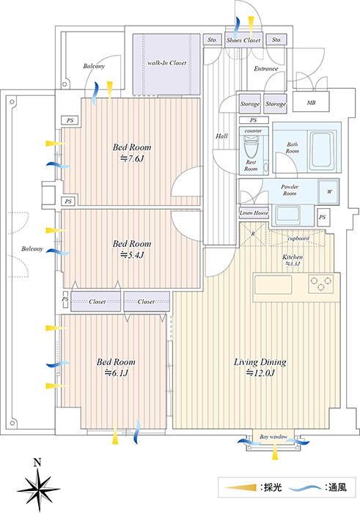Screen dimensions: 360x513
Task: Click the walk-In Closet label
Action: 166,63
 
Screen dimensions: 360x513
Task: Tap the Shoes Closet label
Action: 243,40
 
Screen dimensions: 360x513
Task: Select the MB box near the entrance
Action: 311,102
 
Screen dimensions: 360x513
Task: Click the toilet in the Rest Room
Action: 251,147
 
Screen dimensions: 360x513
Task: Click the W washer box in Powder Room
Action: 329,191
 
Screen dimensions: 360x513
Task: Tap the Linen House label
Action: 254,213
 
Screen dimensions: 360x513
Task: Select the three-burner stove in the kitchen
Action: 321,284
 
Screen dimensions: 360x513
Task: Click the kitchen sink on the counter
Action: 273,284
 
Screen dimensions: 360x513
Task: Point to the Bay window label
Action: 273,437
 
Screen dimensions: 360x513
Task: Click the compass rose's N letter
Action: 37,462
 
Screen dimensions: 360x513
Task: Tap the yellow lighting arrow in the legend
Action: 240,488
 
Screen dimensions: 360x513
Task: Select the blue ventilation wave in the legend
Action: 305,488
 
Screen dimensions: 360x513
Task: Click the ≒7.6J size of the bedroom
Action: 132,159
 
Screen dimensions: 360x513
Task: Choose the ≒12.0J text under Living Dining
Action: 260,372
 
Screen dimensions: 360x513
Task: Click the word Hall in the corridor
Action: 221,136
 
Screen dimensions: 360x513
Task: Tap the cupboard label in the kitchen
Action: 298,238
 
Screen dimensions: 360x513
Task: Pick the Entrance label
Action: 266,69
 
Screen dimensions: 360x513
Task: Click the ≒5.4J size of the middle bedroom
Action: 132,255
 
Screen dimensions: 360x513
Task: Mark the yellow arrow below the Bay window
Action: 275,451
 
